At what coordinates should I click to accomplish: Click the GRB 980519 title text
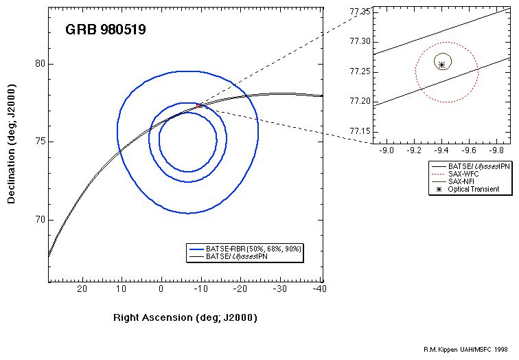106,30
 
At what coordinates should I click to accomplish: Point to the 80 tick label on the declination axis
40,64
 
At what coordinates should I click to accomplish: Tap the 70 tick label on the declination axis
40,220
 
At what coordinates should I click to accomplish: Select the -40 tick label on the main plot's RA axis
319,289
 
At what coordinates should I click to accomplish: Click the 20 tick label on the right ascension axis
82,289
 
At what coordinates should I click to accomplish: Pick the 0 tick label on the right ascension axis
161,289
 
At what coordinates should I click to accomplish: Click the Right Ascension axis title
185,317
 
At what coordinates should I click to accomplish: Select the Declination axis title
11,144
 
